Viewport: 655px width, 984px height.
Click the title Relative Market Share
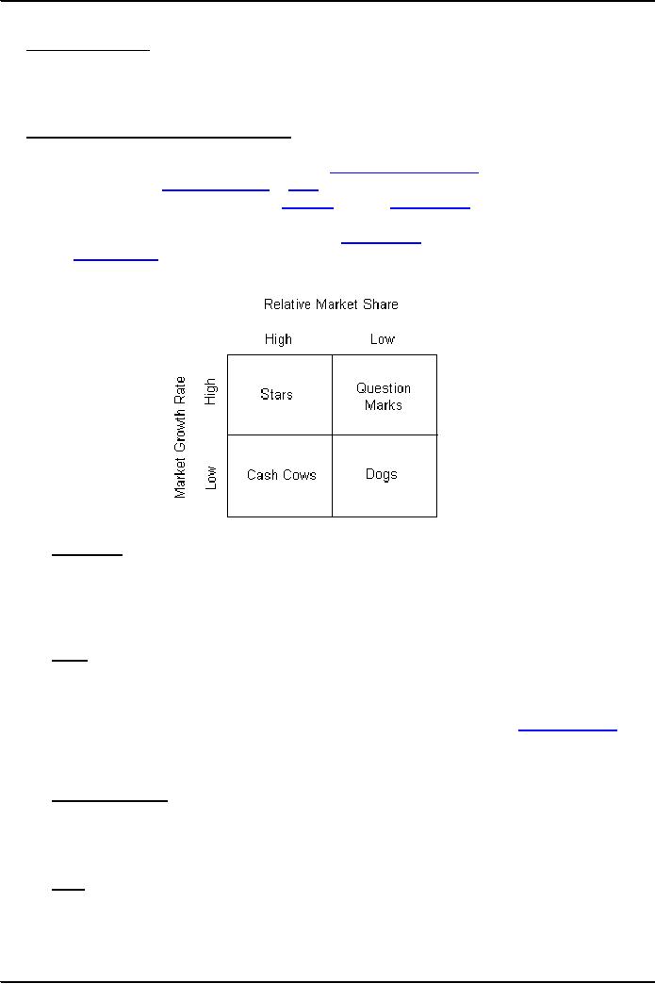[331, 304]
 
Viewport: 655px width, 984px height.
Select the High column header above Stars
[278, 339]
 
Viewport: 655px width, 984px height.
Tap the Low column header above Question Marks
[382, 339]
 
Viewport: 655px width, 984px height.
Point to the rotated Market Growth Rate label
[180, 437]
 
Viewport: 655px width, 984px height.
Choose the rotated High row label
[210, 391]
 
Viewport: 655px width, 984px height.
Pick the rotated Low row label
[211, 478]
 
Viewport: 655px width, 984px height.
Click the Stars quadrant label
[277, 395]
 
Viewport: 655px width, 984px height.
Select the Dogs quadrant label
[382, 474]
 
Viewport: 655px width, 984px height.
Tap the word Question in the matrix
[384, 388]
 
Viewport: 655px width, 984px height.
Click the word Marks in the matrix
[384, 405]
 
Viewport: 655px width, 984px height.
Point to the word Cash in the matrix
[262, 475]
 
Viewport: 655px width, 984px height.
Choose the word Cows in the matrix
[299, 475]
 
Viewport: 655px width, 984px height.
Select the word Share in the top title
[380, 304]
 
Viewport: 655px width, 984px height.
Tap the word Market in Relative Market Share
[336, 304]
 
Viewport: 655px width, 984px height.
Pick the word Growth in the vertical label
[180, 432]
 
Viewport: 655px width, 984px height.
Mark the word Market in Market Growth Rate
[180, 478]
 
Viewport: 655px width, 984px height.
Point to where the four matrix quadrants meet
[332, 435]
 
